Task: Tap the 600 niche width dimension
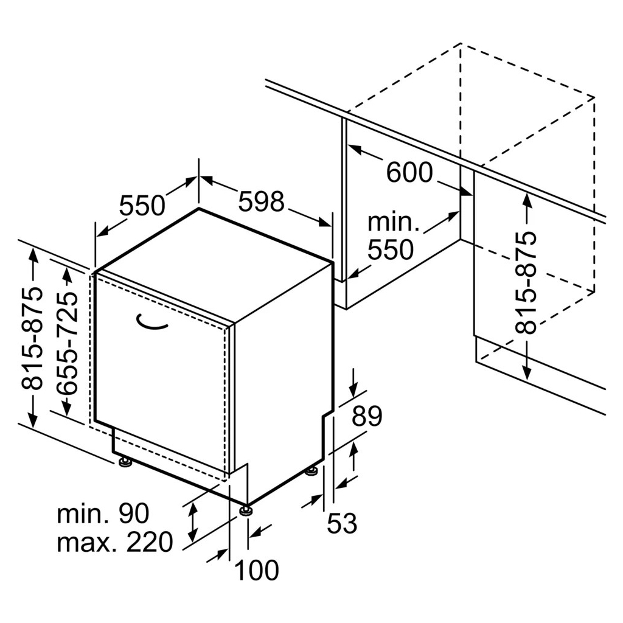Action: (409, 172)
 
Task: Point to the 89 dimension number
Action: (367, 416)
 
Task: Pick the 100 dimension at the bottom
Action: (257, 570)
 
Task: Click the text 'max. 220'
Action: (115, 541)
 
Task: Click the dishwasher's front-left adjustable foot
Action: (126, 462)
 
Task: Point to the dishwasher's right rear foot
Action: (311, 472)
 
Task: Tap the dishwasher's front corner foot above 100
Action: (246, 510)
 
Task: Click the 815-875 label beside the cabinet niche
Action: (525, 282)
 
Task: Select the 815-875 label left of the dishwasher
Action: (32, 338)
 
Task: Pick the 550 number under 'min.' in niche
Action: (391, 249)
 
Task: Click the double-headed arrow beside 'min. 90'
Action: (193, 521)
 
